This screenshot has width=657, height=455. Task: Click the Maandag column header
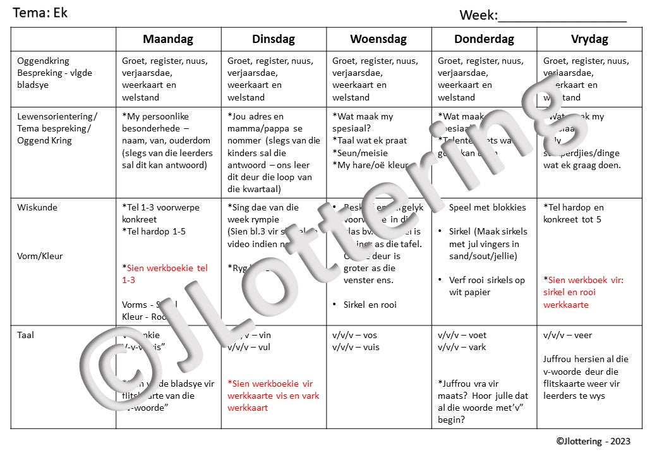pos(168,39)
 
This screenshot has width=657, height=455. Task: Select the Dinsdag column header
pos(274,39)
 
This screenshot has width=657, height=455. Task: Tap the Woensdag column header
pos(378,39)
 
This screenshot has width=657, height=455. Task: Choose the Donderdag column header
pos(484,39)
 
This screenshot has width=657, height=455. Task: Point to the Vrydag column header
pos(589,39)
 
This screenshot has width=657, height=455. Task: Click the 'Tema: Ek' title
pos(40,13)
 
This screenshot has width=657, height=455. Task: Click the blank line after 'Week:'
pos(562,16)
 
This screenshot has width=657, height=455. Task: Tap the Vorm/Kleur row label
pos(40,256)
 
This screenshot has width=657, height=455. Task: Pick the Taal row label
pos(26,335)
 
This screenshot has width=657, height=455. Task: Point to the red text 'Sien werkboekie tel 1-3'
pos(165,274)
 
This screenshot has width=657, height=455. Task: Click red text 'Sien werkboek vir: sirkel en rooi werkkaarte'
pos(583,292)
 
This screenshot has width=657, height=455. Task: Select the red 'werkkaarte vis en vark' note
pos(274,396)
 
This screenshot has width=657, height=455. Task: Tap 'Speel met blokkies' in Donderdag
pos(487,207)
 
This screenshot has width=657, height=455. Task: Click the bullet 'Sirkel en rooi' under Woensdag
pos(370,305)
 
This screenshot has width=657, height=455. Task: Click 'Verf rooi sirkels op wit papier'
pos(486,286)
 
